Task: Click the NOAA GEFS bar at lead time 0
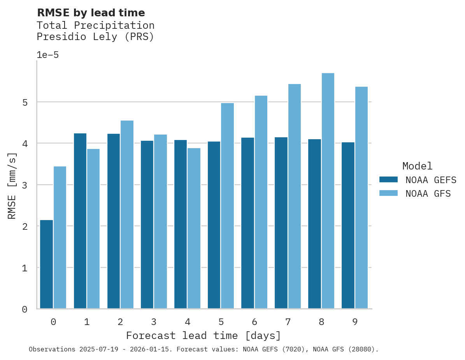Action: tap(47, 264)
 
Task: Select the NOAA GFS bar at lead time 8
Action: tap(328, 191)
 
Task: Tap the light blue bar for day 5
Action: tap(228, 206)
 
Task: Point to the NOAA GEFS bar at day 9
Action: tap(348, 225)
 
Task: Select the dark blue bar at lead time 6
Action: tap(248, 223)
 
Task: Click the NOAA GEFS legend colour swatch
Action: tap(388, 180)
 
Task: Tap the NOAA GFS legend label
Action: tap(428, 194)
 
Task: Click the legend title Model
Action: tap(418, 166)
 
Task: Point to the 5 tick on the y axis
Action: tap(25, 103)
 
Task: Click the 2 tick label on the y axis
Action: tap(25, 227)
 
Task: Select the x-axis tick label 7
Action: tap(288, 322)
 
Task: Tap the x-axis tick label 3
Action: tap(154, 322)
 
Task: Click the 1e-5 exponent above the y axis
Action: tap(47, 55)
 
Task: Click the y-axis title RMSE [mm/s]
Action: tap(12, 186)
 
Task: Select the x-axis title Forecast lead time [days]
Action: tap(204, 336)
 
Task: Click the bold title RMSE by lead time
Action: tap(91, 13)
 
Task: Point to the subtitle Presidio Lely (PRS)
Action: tap(95, 37)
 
